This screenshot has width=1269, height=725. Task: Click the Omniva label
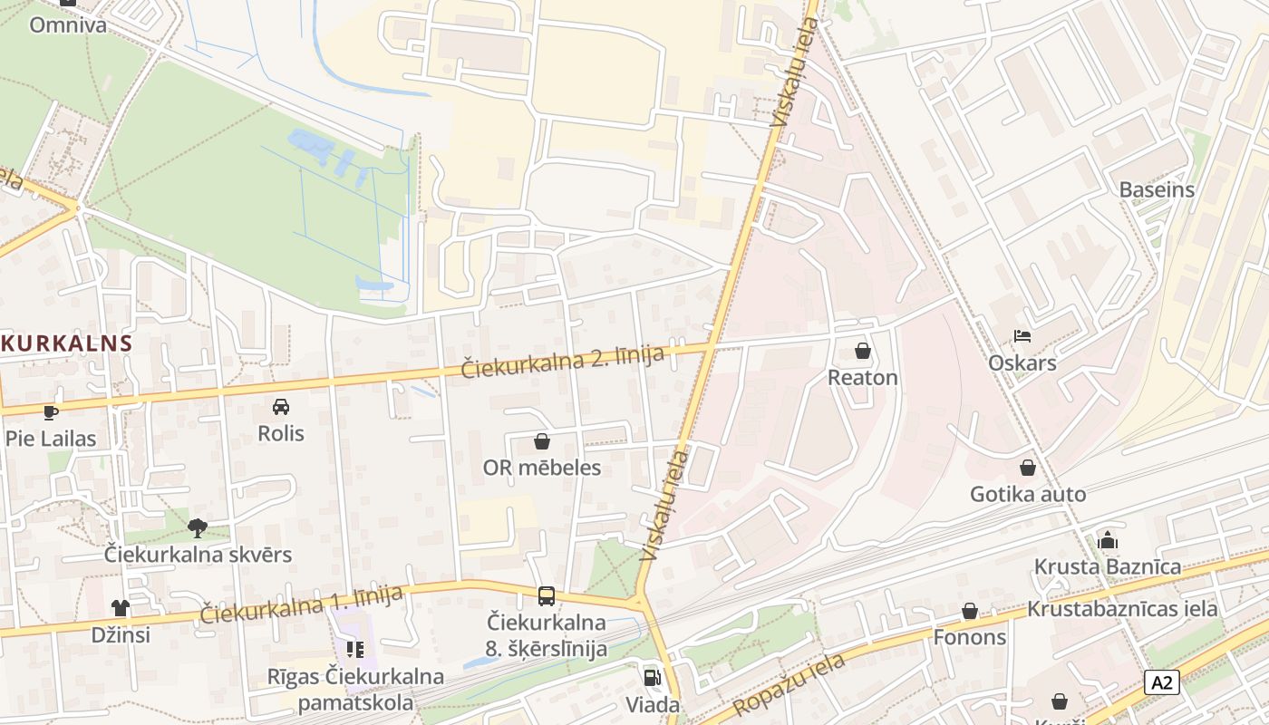(67, 24)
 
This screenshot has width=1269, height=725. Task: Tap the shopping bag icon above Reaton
(863, 350)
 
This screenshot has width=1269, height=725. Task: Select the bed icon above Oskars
(1022, 336)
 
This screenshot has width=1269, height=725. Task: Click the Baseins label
(1157, 190)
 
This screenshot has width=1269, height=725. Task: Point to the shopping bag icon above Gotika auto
(1028, 468)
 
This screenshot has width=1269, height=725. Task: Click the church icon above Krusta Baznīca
(1108, 540)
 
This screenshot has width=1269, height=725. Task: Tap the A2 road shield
(1161, 682)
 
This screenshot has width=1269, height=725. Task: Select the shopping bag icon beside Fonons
(970, 611)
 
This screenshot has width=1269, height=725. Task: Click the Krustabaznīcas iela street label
(1122, 608)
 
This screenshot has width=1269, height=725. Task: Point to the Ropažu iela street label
(789, 684)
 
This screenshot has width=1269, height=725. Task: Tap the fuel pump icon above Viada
(652, 677)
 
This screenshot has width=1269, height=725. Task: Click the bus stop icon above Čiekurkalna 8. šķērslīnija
(546, 595)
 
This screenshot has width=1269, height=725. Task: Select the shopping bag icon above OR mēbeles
(542, 441)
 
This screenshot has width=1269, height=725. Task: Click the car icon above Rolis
(281, 407)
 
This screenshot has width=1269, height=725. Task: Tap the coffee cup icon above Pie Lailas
(51, 412)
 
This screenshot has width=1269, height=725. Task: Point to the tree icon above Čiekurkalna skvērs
(198, 527)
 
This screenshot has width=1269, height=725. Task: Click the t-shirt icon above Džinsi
(120, 607)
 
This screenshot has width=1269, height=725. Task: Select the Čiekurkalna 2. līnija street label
(563, 362)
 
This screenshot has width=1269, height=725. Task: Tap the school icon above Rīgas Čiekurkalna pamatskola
(355, 649)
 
